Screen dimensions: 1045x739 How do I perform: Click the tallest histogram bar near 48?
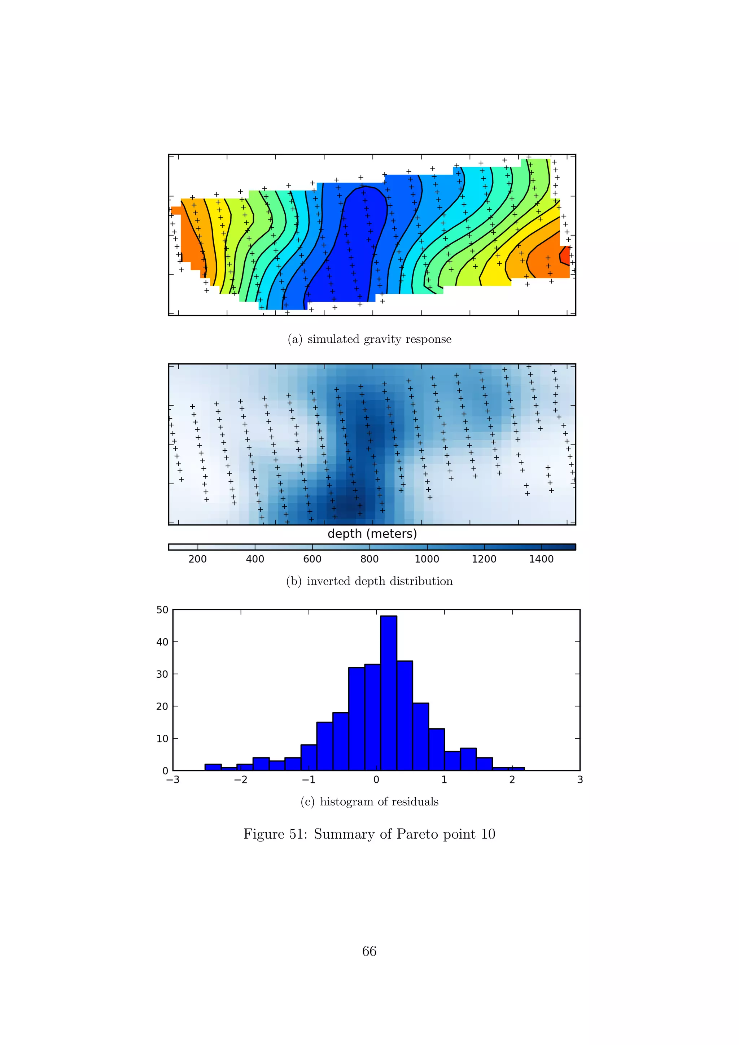click(388, 693)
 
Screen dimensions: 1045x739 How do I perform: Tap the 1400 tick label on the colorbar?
click(541, 559)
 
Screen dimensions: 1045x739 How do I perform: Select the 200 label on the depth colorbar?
click(197, 559)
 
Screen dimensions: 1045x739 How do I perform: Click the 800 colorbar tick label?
click(369, 559)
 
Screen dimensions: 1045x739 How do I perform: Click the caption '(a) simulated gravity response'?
click(369, 340)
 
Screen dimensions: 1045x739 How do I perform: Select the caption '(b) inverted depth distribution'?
click(369, 581)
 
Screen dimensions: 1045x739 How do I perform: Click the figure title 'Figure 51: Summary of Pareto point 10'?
click(369, 834)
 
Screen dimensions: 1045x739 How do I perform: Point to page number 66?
click(369, 951)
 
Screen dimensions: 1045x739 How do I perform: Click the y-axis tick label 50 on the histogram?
click(162, 610)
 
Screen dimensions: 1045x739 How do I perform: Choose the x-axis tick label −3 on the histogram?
click(173, 780)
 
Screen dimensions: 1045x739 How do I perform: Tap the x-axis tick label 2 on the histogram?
click(512, 780)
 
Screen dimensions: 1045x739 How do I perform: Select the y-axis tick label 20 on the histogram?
click(162, 707)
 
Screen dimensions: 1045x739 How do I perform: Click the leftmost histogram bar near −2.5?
click(213, 767)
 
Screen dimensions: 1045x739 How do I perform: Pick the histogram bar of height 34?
click(405, 716)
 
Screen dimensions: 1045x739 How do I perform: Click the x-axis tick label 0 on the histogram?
click(376, 780)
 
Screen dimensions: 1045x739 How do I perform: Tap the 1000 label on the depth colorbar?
click(427, 559)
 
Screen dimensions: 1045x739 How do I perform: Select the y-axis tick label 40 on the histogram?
click(162, 642)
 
